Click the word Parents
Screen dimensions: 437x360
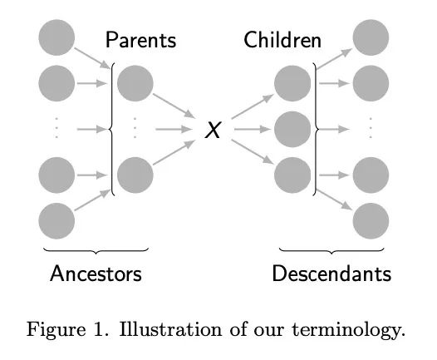tap(140, 40)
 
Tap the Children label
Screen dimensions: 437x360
tap(282, 40)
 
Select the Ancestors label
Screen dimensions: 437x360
tap(96, 274)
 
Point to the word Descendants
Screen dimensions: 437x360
tap(331, 274)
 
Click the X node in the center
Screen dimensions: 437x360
tap(213, 130)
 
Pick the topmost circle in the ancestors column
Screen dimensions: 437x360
tap(56, 37)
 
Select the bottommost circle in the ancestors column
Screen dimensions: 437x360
tap(56, 221)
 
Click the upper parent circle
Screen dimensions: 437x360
tap(135, 83)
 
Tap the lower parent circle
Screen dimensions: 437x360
tap(135, 175)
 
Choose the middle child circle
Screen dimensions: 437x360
tap(292, 129)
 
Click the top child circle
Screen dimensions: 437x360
tap(292, 83)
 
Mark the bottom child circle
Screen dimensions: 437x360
tap(292, 175)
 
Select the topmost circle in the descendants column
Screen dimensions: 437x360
tap(371, 37)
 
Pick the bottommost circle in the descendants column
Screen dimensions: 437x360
tap(371, 221)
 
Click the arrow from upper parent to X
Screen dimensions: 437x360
tap(174, 106)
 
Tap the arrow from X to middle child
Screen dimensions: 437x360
tap(253, 129)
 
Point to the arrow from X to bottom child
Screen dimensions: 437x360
tap(253, 151)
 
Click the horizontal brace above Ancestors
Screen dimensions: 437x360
tap(96, 251)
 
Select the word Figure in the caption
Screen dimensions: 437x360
tap(56, 329)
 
